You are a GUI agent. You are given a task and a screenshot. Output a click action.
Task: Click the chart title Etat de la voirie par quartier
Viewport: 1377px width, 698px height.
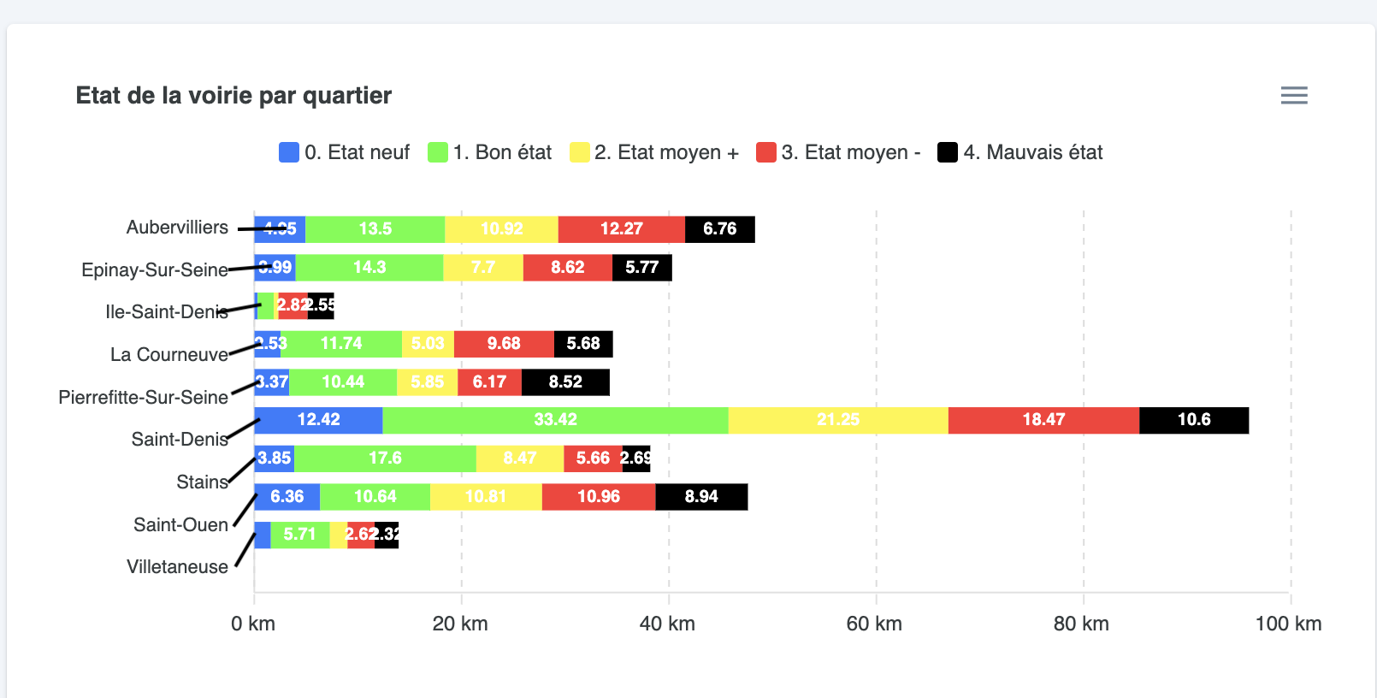(233, 95)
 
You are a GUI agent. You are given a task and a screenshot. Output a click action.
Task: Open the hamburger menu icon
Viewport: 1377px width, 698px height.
(1293, 95)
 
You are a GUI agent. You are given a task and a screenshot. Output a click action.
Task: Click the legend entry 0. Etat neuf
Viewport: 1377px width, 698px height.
(345, 152)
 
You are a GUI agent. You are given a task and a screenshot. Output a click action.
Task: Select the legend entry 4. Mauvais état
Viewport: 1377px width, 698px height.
(1020, 152)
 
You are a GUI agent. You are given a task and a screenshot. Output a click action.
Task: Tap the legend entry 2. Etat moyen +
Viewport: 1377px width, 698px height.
(654, 152)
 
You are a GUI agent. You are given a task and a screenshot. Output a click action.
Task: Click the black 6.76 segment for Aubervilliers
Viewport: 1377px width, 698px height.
(719, 229)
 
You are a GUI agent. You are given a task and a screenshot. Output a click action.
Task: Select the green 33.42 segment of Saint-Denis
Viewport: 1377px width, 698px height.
(555, 420)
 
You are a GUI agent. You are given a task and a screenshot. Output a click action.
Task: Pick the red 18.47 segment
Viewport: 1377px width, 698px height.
(1043, 420)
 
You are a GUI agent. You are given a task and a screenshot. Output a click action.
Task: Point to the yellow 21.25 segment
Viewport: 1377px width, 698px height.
(837, 420)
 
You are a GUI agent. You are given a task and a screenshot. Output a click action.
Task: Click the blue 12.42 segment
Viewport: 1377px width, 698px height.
(318, 420)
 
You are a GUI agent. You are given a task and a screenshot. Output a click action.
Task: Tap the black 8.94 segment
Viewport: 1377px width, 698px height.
(701, 497)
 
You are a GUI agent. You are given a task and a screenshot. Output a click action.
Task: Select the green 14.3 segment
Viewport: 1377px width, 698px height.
(369, 268)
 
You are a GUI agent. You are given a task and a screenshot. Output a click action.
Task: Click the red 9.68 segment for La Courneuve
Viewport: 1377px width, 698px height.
(504, 344)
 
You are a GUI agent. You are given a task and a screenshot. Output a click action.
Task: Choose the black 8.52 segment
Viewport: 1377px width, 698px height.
(565, 382)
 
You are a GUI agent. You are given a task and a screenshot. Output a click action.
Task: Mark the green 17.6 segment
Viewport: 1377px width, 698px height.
(385, 458)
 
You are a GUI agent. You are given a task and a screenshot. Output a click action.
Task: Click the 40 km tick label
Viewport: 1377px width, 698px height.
(667, 624)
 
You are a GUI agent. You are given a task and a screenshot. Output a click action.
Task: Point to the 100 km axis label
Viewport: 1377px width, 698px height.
(1288, 624)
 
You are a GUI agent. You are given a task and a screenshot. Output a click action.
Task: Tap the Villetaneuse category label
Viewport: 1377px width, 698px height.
(177, 566)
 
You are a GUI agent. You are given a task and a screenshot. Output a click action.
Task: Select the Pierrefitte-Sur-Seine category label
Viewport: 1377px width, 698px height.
(143, 397)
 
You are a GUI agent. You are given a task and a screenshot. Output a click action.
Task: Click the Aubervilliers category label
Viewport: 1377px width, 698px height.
(177, 228)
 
